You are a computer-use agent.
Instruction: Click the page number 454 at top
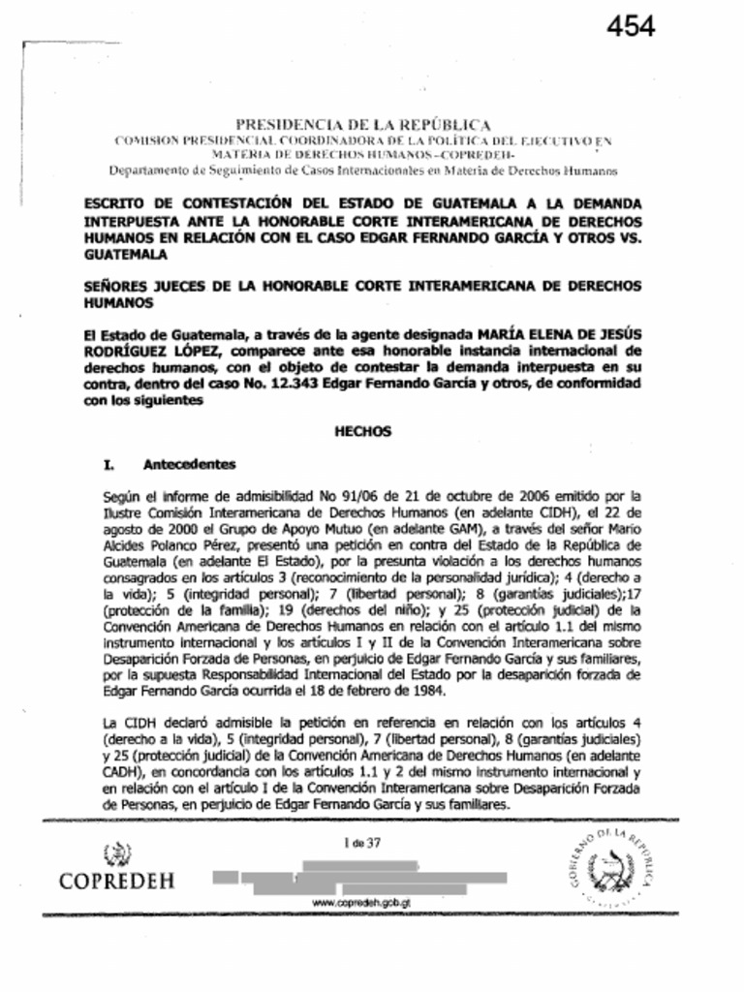631,26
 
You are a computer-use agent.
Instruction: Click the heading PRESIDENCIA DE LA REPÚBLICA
363,124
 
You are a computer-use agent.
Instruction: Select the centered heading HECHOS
362,432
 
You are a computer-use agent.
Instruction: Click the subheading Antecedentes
189,464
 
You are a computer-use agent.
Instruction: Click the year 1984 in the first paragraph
426,691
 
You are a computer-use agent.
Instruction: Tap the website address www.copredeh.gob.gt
362,902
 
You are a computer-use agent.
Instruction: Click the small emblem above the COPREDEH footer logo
116,853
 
